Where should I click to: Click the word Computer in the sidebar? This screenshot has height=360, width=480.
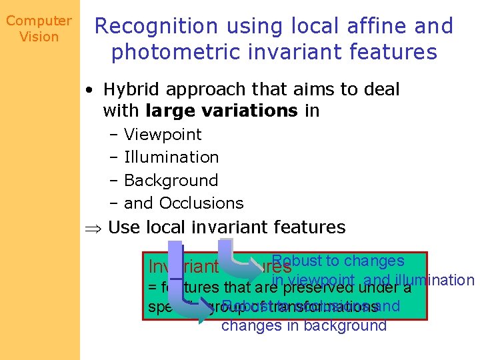coord(39,21)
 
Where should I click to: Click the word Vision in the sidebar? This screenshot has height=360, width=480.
coord(39,37)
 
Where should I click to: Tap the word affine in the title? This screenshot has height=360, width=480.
coord(370,26)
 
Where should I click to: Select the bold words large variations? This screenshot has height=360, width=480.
coord(221,111)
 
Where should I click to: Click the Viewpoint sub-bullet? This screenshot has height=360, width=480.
coord(163,135)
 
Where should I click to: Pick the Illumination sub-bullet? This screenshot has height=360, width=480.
coord(171,157)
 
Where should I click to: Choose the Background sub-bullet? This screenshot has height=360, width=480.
coord(171,181)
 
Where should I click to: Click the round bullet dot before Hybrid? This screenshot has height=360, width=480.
coord(89,90)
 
